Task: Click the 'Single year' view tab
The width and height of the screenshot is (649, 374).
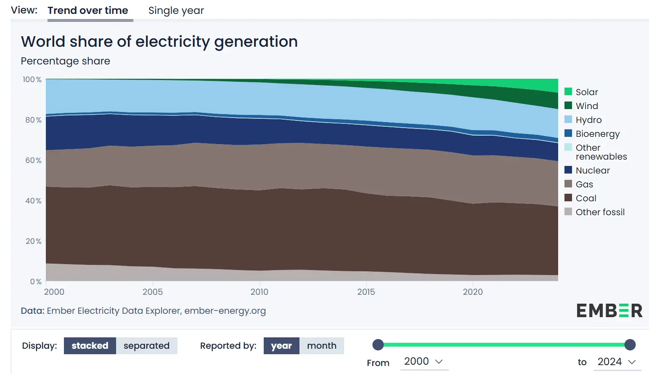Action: coord(176,11)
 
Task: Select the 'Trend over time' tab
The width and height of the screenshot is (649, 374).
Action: coord(88,11)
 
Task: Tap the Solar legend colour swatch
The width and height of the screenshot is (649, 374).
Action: coord(568,92)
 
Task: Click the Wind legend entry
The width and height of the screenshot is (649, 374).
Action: coord(586,106)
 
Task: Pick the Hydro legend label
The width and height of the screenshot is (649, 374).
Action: coord(588,120)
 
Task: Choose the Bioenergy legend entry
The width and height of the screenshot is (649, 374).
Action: coord(597,134)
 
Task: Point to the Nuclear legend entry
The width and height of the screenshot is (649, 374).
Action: coord(592,170)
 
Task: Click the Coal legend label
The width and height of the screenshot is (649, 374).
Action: coord(586,198)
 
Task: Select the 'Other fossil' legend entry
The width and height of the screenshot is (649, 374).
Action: coord(600,212)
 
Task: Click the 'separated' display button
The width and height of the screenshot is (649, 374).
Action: coord(146,346)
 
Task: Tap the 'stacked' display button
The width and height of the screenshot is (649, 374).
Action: coord(90,346)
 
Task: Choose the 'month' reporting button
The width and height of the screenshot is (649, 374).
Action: coord(321,346)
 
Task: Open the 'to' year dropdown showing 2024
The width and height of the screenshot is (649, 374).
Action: coord(617,362)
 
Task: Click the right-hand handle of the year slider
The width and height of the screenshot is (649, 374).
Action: coord(630,345)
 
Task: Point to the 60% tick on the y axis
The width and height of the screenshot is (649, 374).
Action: coord(33,160)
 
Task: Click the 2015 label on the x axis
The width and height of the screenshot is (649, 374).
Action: coord(366,292)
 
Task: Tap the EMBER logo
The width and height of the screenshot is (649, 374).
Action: coord(609,311)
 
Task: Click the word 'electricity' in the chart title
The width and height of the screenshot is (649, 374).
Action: coord(172,42)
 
